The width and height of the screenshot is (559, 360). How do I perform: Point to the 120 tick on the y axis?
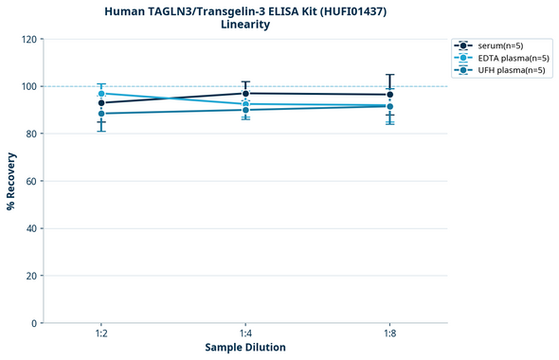[x=29, y=40]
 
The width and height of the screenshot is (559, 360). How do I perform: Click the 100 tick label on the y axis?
[x=29, y=87]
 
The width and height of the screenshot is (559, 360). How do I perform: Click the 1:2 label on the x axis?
[x=100, y=334]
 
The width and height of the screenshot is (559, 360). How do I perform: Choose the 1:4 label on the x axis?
[x=245, y=334]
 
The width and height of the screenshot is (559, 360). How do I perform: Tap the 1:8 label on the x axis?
[x=389, y=334]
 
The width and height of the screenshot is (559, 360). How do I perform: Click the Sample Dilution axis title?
[x=245, y=348]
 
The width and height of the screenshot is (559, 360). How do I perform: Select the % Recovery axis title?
[x=11, y=181]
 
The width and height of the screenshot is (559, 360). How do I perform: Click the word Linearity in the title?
[x=244, y=25]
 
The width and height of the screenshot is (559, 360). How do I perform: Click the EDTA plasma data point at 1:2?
[x=101, y=94]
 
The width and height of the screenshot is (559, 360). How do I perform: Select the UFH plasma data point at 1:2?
[x=101, y=114]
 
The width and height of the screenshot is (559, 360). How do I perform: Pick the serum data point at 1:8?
[x=389, y=95]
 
